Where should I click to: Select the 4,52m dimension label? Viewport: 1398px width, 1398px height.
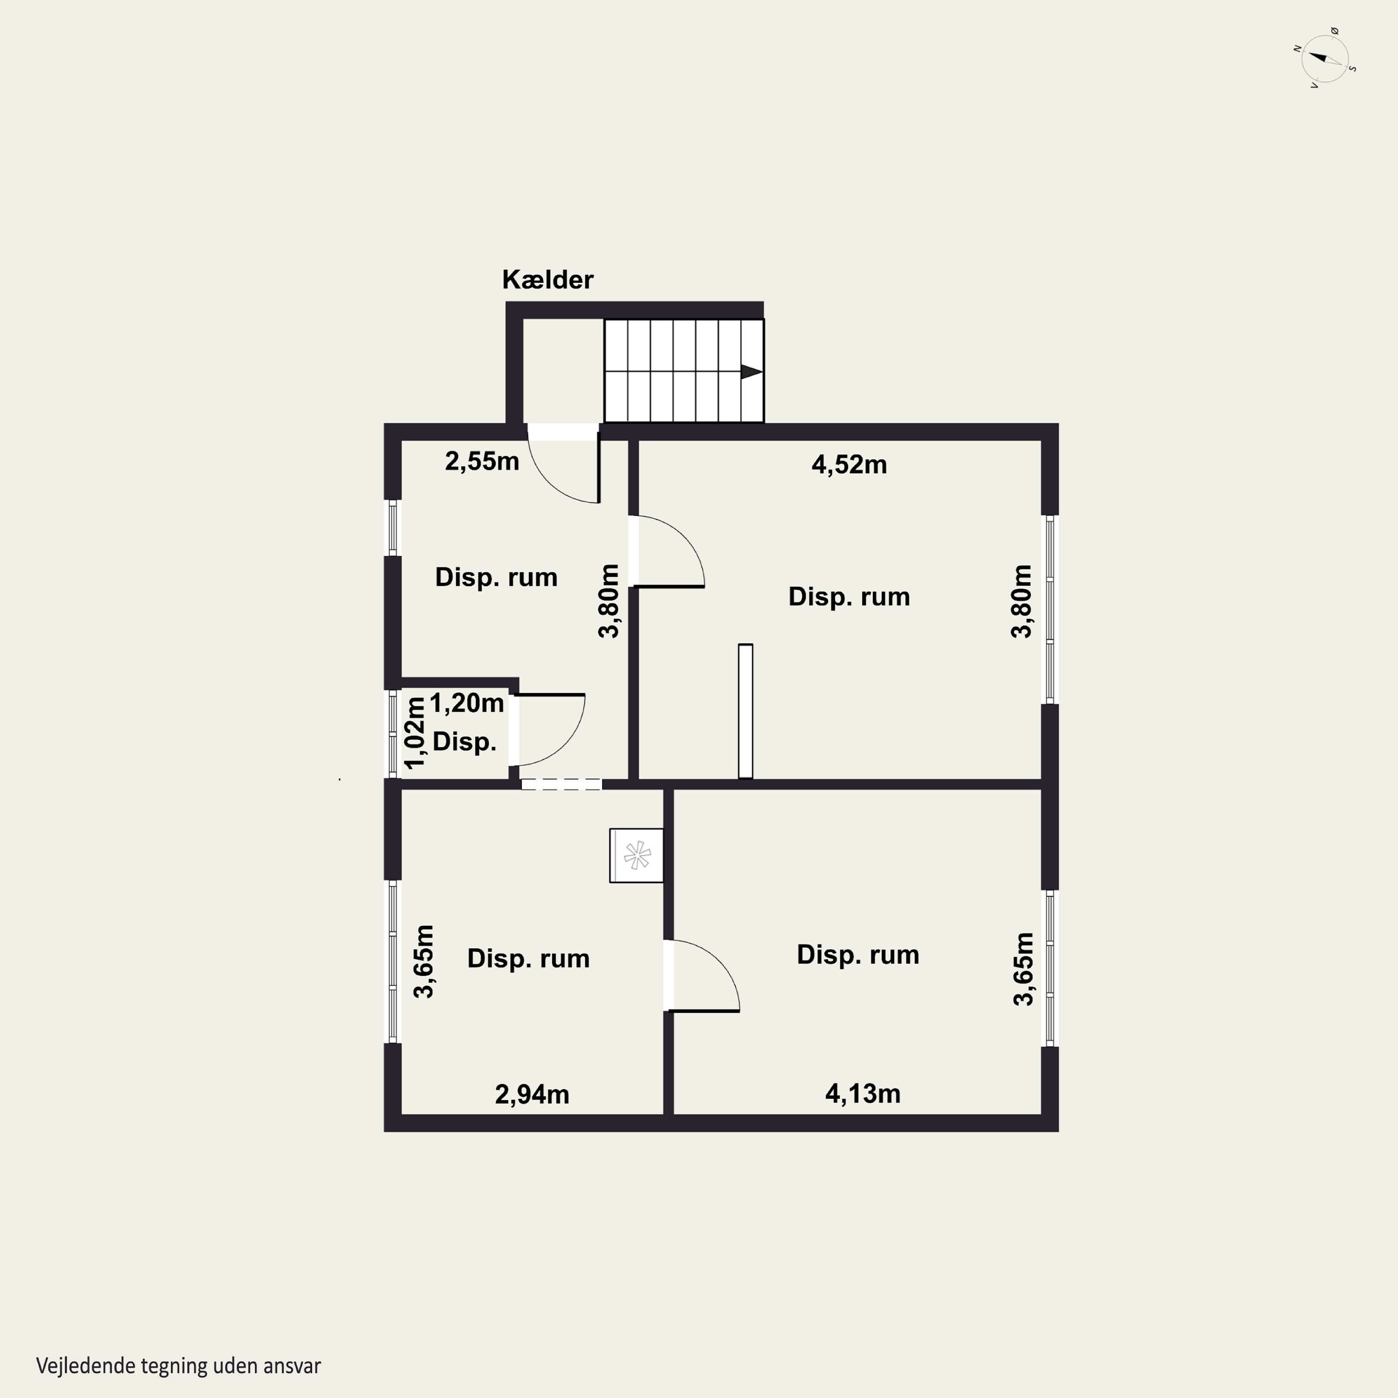pos(849,465)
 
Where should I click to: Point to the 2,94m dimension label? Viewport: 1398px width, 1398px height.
pos(532,1095)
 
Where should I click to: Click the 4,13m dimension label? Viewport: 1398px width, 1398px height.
pos(863,1093)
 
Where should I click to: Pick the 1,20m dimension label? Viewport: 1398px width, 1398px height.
pos(467,703)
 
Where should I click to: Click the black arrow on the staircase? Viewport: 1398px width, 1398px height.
pos(751,372)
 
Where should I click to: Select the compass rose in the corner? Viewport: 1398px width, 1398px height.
pos(1325,59)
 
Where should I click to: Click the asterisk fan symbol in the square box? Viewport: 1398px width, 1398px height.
pos(637,855)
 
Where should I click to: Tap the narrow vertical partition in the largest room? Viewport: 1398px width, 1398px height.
pos(745,711)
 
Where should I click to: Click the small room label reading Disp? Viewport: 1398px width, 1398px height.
pos(464,742)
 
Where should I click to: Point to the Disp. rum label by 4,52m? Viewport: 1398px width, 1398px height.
pos(849,596)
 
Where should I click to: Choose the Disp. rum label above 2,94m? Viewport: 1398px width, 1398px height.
pos(528,958)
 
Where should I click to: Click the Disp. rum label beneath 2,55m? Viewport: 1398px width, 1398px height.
pos(496,577)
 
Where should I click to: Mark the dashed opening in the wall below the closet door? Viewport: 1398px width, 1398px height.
pos(562,784)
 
